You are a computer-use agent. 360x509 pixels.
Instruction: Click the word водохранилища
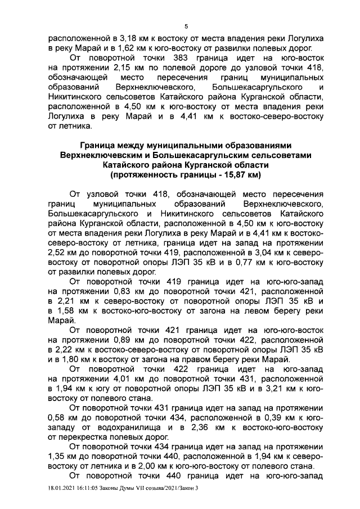[x=104, y=430]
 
